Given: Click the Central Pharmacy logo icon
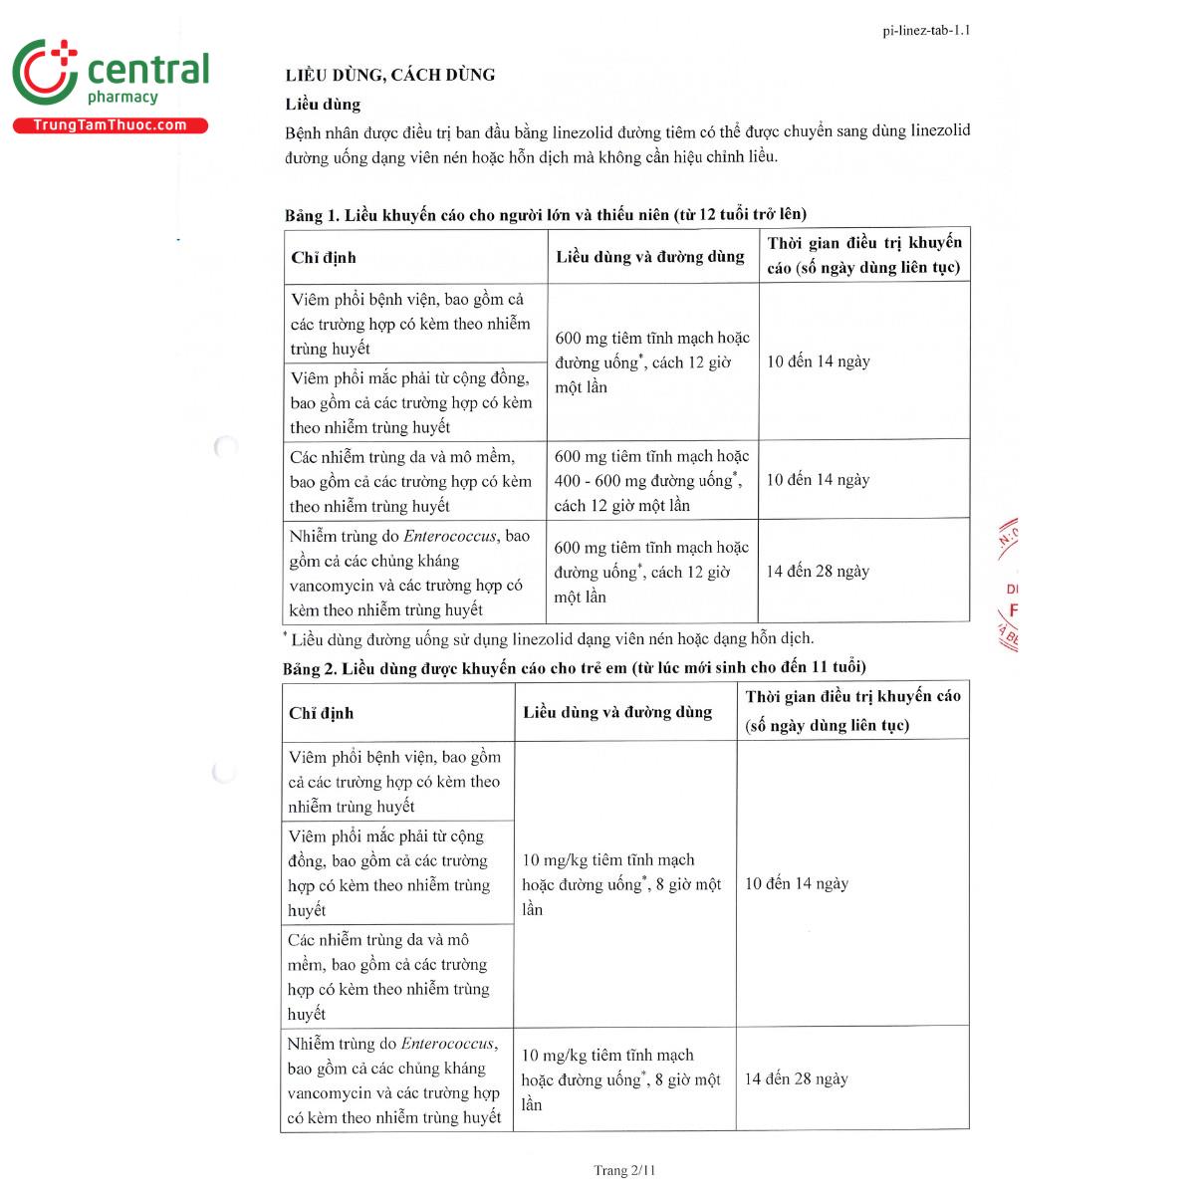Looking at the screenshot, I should tap(45, 72).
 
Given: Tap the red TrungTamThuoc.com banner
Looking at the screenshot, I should tap(110, 125).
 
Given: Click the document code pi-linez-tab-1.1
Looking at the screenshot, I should tap(926, 30).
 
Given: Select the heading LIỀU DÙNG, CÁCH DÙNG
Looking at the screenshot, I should tap(390, 75).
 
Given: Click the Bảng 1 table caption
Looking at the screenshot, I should tap(545, 214).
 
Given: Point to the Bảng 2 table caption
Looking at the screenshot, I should tap(574, 667).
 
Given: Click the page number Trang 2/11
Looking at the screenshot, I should tap(624, 1170).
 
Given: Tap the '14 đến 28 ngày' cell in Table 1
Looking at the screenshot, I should tap(818, 571).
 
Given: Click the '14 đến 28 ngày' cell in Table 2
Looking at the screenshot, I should tap(797, 1078).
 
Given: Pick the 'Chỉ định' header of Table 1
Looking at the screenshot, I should tap(324, 258).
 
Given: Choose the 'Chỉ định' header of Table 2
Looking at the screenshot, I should tap(321, 713).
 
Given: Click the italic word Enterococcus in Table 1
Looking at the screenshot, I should tap(449, 536).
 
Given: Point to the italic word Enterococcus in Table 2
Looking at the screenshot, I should tap(447, 1044).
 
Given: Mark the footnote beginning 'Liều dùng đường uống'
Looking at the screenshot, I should tap(551, 638).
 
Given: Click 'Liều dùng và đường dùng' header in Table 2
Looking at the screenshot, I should tap(617, 712).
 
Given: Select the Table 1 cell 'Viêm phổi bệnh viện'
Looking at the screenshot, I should tap(407, 323).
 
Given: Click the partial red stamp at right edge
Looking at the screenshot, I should tap(1008, 588).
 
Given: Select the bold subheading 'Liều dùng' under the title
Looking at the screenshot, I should tap(323, 105).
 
